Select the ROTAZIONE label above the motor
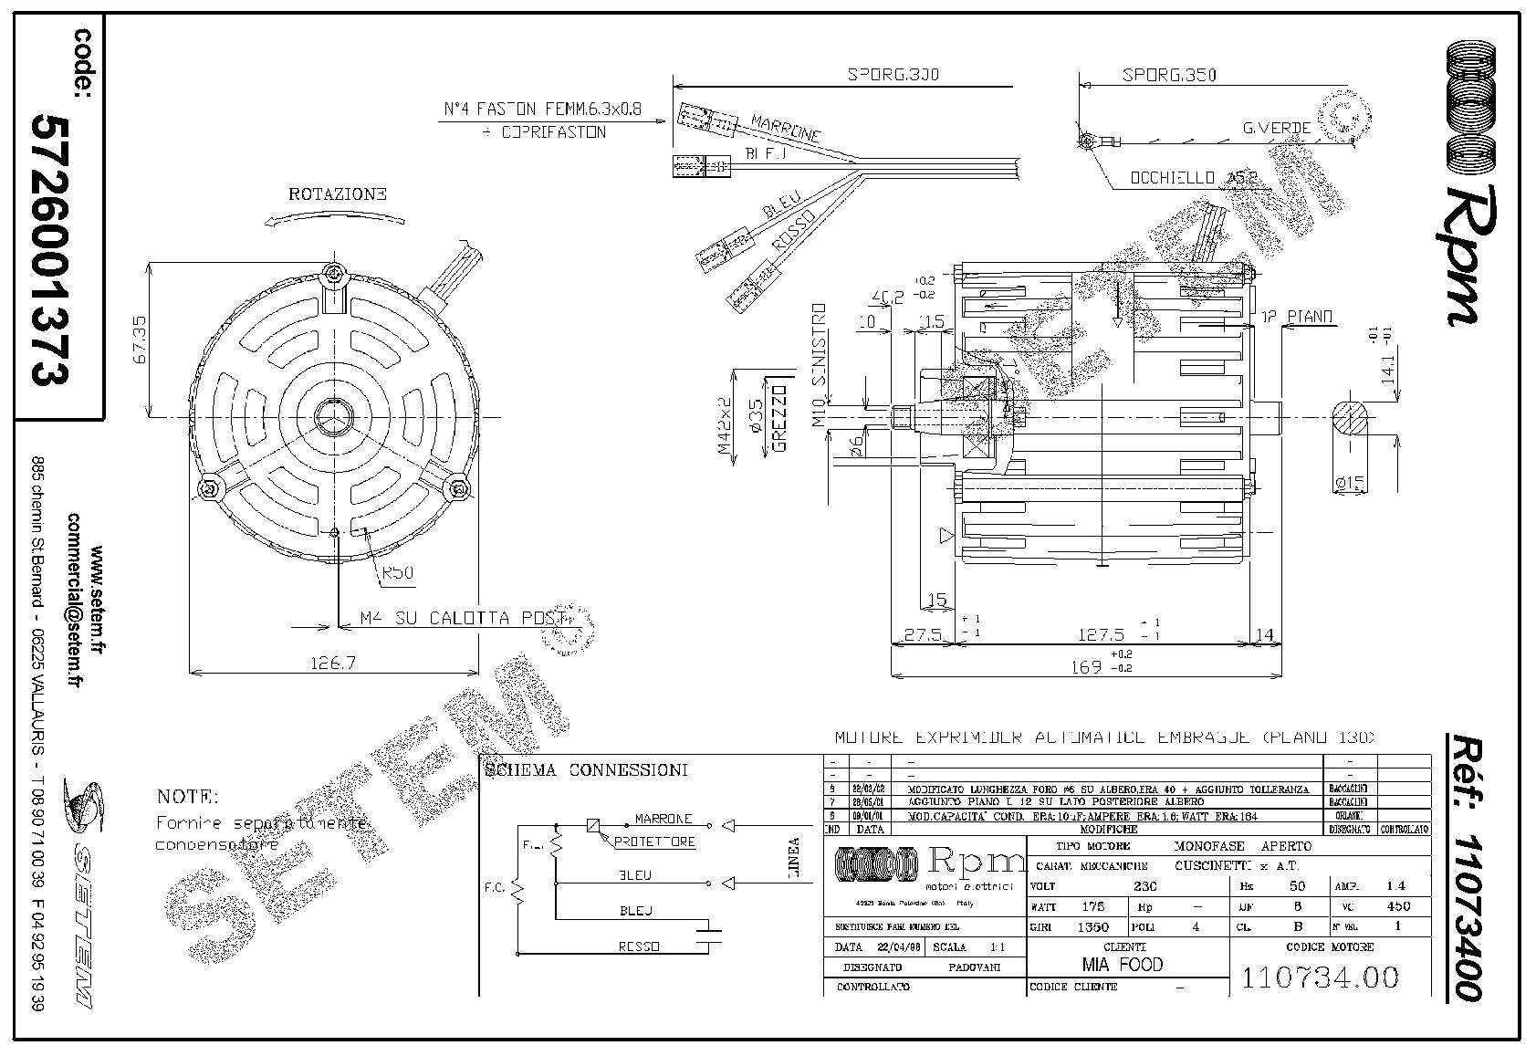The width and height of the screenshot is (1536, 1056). [x=338, y=194]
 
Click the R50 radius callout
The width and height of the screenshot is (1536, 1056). [x=398, y=573]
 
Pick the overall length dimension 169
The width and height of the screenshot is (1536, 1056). [x=1085, y=667]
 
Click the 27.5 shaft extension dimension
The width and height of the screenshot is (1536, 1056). [x=922, y=635]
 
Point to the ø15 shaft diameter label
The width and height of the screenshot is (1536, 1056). [x=1350, y=482]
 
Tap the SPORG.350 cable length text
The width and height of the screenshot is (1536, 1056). [x=1169, y=76]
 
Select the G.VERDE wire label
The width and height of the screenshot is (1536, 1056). [x=1277, y=128]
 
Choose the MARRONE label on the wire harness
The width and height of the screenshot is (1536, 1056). [x=785, y=127]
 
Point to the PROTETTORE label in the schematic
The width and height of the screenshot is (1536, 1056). [x=655, y=842]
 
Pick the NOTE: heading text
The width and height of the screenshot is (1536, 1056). [x=187, y=796]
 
